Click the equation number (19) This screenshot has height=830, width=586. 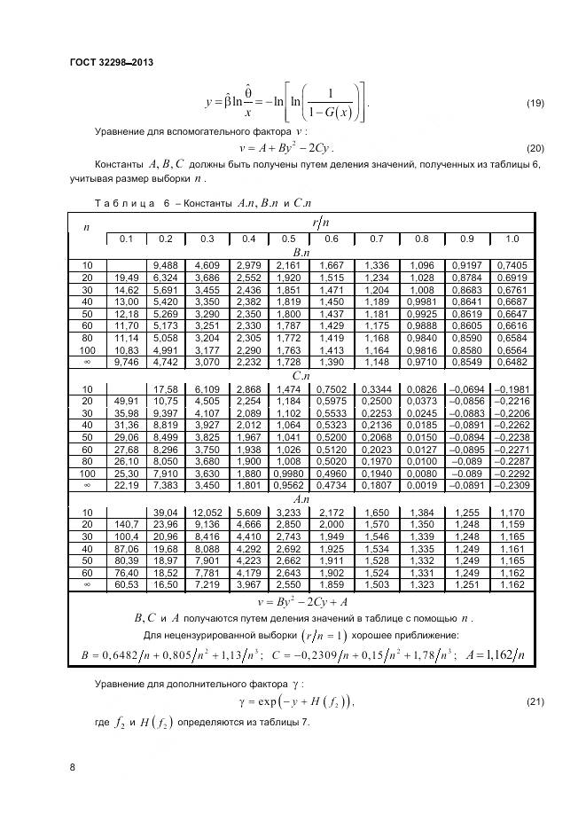pos(535,104)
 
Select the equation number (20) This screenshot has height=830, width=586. pos(535,147)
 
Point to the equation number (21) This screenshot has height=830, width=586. pos(535,701)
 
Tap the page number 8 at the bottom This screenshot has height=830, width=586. pos(72,768)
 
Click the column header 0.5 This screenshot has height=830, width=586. pos(289,239)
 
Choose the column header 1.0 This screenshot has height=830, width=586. pos(512,239)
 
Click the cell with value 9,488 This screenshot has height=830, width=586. pos(165,265)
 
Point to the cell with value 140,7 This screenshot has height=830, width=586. pos(124,524)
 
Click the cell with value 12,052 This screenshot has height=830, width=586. pos(207,512)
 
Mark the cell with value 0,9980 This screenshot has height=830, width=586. pos(289,473)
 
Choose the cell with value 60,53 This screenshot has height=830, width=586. pos(124,586)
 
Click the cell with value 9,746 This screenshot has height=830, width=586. pos(124,364)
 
